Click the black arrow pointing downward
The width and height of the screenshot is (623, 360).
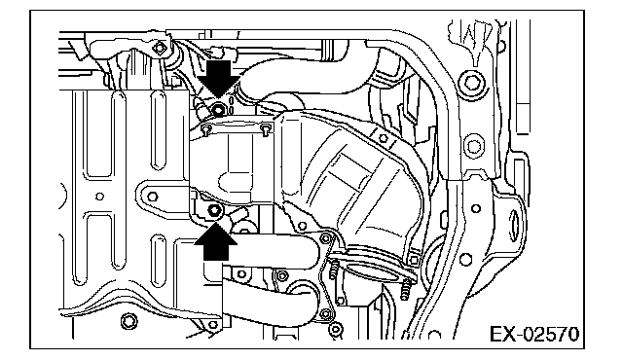point(218,78)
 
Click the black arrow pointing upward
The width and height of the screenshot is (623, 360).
point(216,242)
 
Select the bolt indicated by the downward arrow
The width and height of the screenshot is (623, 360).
point(218,109)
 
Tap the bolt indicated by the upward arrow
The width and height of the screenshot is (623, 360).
point(214,211)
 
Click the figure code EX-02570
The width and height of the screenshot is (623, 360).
point(534,334)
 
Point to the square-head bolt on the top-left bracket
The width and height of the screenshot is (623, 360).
point(160,48)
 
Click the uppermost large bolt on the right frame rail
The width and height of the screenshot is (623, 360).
point(472,84)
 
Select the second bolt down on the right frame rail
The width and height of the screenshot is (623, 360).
point(473,147)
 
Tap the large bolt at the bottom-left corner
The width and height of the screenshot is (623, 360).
point(128,321)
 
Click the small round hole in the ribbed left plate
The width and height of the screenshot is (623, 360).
point(100,197)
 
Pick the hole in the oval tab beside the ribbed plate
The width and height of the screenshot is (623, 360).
point(153,197)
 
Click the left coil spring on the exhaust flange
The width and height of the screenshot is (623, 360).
point(333,270)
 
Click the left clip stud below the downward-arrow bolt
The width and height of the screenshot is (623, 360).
point(206,129)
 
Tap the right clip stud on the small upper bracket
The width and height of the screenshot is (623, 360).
point(266,128)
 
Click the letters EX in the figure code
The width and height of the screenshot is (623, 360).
point(501,334)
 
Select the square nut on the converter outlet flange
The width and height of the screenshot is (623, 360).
point(413,260)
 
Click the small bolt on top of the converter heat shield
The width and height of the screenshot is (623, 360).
point(383,138)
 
